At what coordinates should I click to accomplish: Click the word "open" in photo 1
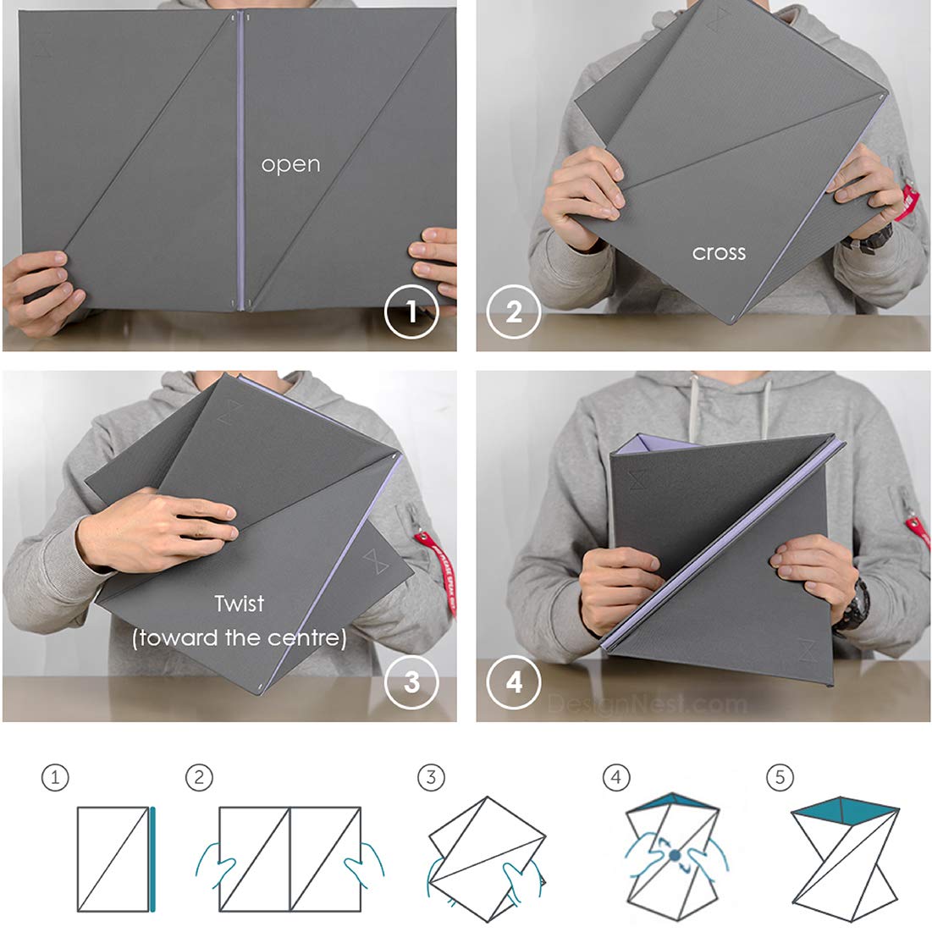coord(290,164)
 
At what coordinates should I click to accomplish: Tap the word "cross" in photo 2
coord(719,252)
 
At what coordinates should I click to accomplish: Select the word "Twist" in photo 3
coord(239,604)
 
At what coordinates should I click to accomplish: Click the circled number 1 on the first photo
coord(411,312)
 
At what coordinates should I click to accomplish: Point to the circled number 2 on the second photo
coord(514,312)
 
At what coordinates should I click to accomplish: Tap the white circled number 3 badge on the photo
coord(411,681)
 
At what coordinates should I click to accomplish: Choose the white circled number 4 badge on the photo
coord(514,681)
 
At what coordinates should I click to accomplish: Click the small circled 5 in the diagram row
coord(780,777)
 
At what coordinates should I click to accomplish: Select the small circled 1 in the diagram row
coord(55,777)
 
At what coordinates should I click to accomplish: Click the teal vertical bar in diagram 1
coord(153,859)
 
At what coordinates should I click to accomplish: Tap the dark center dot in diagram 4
coord(675,856)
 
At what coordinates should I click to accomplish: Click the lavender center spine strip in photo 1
coord(240,161)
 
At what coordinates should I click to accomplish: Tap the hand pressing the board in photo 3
coord(161,529)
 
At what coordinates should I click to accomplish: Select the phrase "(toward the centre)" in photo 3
coord(239,637)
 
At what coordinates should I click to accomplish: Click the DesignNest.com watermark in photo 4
coord(648,702)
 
